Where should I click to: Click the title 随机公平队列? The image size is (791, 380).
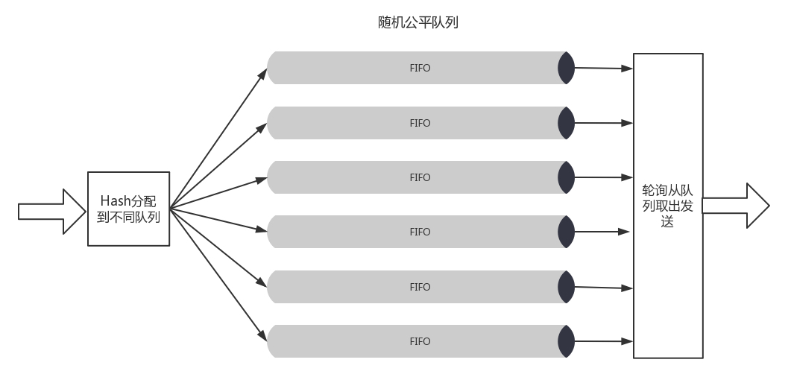pos(417,22)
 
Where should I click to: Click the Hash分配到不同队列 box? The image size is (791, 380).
pos(129,209)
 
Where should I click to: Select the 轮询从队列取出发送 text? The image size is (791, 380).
pos(668,206)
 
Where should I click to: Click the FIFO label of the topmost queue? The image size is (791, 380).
pos(420,68)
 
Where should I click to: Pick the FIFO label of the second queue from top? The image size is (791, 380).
pos(420,123)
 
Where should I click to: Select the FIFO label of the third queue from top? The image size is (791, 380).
pos(420,177)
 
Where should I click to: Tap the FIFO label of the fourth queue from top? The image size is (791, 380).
pos(420,232)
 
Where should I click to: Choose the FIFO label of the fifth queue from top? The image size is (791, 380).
pos(420,287)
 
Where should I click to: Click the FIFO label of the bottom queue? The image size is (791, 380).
pos(420,341)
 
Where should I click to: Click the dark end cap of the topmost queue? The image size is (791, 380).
pos(566,68)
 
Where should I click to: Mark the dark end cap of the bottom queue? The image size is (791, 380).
pos(566,341)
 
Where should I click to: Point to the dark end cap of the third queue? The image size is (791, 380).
pos(566,177)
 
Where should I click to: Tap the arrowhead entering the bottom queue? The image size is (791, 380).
pos(262,335)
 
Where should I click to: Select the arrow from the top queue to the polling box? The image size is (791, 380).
pos(604,69)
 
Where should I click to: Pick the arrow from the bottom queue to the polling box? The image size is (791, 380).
pos(604,341)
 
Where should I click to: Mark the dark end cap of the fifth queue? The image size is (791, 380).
pos(566,287)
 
